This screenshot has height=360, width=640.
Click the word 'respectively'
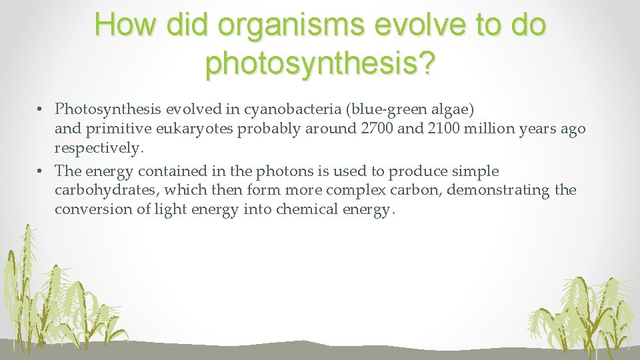[97, 147]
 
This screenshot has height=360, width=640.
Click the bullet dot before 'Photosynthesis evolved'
[41, 109]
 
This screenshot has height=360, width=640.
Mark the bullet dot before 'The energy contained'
[41, 171]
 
